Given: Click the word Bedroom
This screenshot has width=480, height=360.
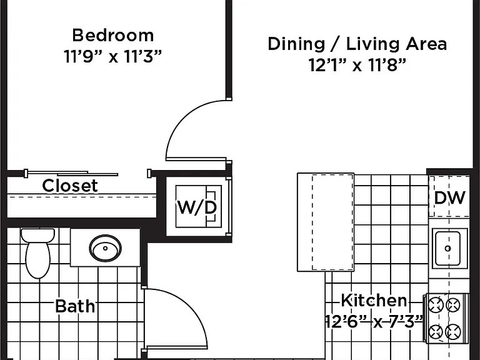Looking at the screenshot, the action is pos(113,36).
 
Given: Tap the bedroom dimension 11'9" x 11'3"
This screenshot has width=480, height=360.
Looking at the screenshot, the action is pos(112,57).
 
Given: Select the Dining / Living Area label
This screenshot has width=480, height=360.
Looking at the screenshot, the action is pos(357,44).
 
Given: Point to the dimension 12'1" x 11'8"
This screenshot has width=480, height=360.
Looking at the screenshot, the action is pos(357,65).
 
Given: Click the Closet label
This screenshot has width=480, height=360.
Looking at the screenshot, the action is pos(70,186).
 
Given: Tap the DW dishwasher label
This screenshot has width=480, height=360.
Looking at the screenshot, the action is pos(450,197).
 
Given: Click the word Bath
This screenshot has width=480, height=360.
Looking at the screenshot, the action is pos(75,306).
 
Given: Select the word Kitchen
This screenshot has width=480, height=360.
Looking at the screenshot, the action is pos(374,300).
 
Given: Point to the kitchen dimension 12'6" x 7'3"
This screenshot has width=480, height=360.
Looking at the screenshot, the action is pos(374,321).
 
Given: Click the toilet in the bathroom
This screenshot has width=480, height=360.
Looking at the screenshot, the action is pos(38,253).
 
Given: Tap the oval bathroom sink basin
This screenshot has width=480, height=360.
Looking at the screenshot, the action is pos(105,248).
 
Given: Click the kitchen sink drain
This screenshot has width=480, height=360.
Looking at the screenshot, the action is pos(448,248).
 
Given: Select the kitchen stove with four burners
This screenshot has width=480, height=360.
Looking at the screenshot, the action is pos(446,318).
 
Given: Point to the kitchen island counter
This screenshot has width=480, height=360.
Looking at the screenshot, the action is pos(326,222).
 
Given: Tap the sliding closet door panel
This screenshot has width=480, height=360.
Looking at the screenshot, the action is pos(72,174).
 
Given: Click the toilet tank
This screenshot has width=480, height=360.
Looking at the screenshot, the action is pos(38,235).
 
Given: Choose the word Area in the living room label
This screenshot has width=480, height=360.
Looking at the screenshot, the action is pos(426,44).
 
